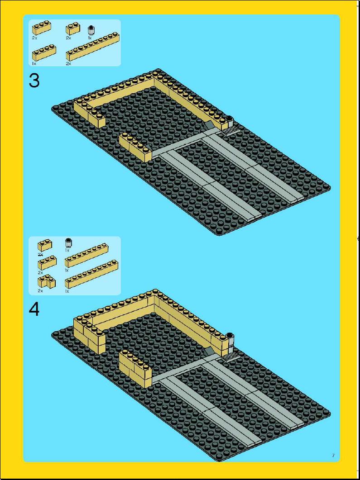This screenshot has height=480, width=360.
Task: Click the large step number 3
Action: (34, 81)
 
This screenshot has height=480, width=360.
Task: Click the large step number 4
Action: (34, 309)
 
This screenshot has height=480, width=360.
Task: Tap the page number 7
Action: (333, 456)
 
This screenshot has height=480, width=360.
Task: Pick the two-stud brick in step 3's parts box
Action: (73, 29)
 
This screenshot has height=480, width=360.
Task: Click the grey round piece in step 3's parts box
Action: (91, 30)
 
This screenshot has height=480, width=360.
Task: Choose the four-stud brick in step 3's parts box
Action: (44, 53)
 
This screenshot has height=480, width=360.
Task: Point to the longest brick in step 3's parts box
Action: (92, 46)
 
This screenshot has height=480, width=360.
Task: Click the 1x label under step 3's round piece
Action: (90, 38)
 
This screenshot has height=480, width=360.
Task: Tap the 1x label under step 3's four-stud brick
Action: (34, 64)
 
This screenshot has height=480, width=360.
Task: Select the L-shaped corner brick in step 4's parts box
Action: (47, 281)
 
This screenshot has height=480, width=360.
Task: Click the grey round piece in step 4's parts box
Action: (68, 243)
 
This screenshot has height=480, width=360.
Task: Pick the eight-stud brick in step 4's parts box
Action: (86, 255)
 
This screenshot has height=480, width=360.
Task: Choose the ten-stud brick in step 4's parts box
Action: (91, 274)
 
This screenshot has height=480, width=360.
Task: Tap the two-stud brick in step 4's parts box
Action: (45, 245)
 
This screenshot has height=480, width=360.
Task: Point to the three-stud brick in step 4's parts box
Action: (47, 263)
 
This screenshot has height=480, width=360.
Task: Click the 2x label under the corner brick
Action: (40, 291)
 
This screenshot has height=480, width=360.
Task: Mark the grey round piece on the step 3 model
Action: (229, 122)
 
